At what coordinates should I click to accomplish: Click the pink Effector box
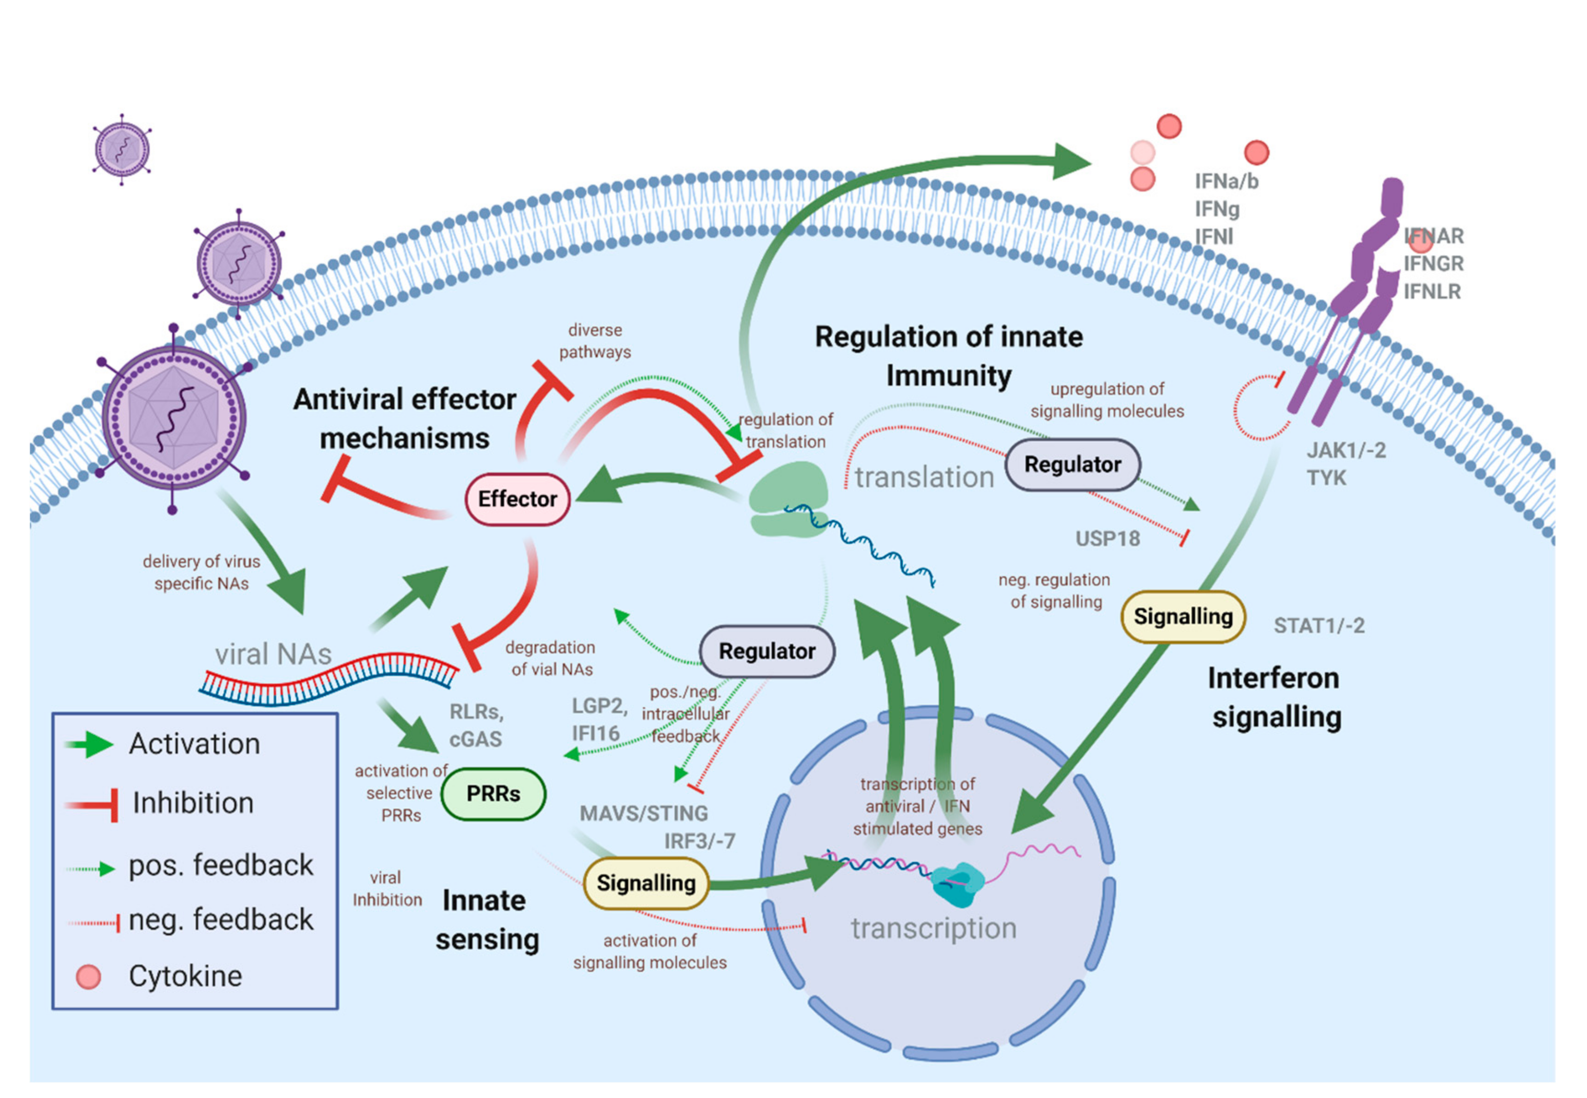(517, 499)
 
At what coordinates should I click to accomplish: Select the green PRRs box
(493, 793)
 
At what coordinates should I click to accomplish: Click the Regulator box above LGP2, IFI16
(767, 651)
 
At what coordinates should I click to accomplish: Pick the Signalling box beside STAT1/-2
(1182, 616)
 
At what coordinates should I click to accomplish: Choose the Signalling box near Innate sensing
(645, 883)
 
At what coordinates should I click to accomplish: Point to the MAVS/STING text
(643, 813)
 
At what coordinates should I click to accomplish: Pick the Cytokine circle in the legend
(89, 976)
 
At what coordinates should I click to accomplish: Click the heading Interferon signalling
(1274, 697)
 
